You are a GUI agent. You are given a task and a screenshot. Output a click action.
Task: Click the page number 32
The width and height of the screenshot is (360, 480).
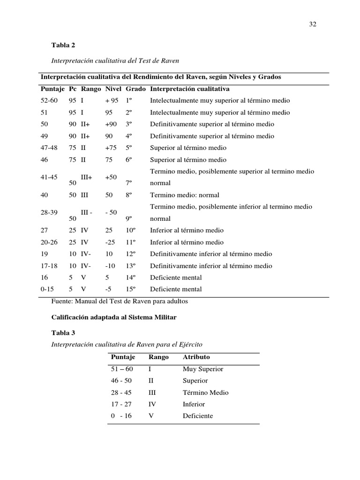(x=313, y=25)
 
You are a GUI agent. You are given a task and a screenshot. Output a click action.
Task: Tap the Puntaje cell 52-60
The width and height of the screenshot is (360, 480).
(x=50, y=100)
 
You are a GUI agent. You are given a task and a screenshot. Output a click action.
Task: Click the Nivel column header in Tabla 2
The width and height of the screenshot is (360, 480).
(x=113, y=89)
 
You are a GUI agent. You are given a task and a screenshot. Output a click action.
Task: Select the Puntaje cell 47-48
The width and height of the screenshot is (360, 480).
(x=50, y=148)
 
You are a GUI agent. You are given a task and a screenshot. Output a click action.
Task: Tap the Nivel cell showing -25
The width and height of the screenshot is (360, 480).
(x=110, y=242)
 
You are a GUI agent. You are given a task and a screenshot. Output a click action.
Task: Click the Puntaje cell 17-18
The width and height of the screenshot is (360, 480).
(x=50, y=266)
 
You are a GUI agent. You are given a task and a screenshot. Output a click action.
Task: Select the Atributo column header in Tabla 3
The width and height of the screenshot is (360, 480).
(x=196, y=357)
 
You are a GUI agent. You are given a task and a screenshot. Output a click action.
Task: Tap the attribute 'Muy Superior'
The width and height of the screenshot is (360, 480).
(x=203, y=369)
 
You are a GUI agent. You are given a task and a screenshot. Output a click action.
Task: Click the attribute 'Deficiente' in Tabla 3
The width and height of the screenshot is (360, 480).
(x=198, y=416)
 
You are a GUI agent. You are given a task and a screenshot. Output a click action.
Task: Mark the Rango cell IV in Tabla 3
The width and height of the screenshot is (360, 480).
(x=152, y=404)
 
